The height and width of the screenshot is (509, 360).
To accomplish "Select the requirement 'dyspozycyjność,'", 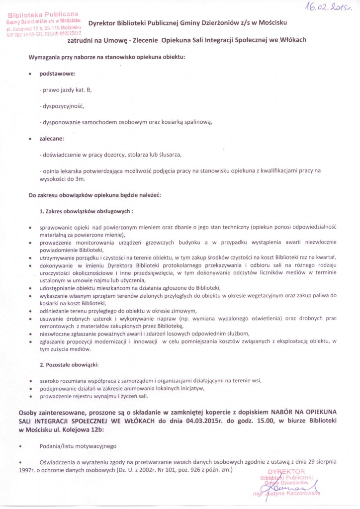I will click(x=63, y=106).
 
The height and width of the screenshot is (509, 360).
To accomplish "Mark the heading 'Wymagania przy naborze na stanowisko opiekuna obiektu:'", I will click(x=107, y=57).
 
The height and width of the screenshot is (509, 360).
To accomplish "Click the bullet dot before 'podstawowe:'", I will click(x=31, y=74).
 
